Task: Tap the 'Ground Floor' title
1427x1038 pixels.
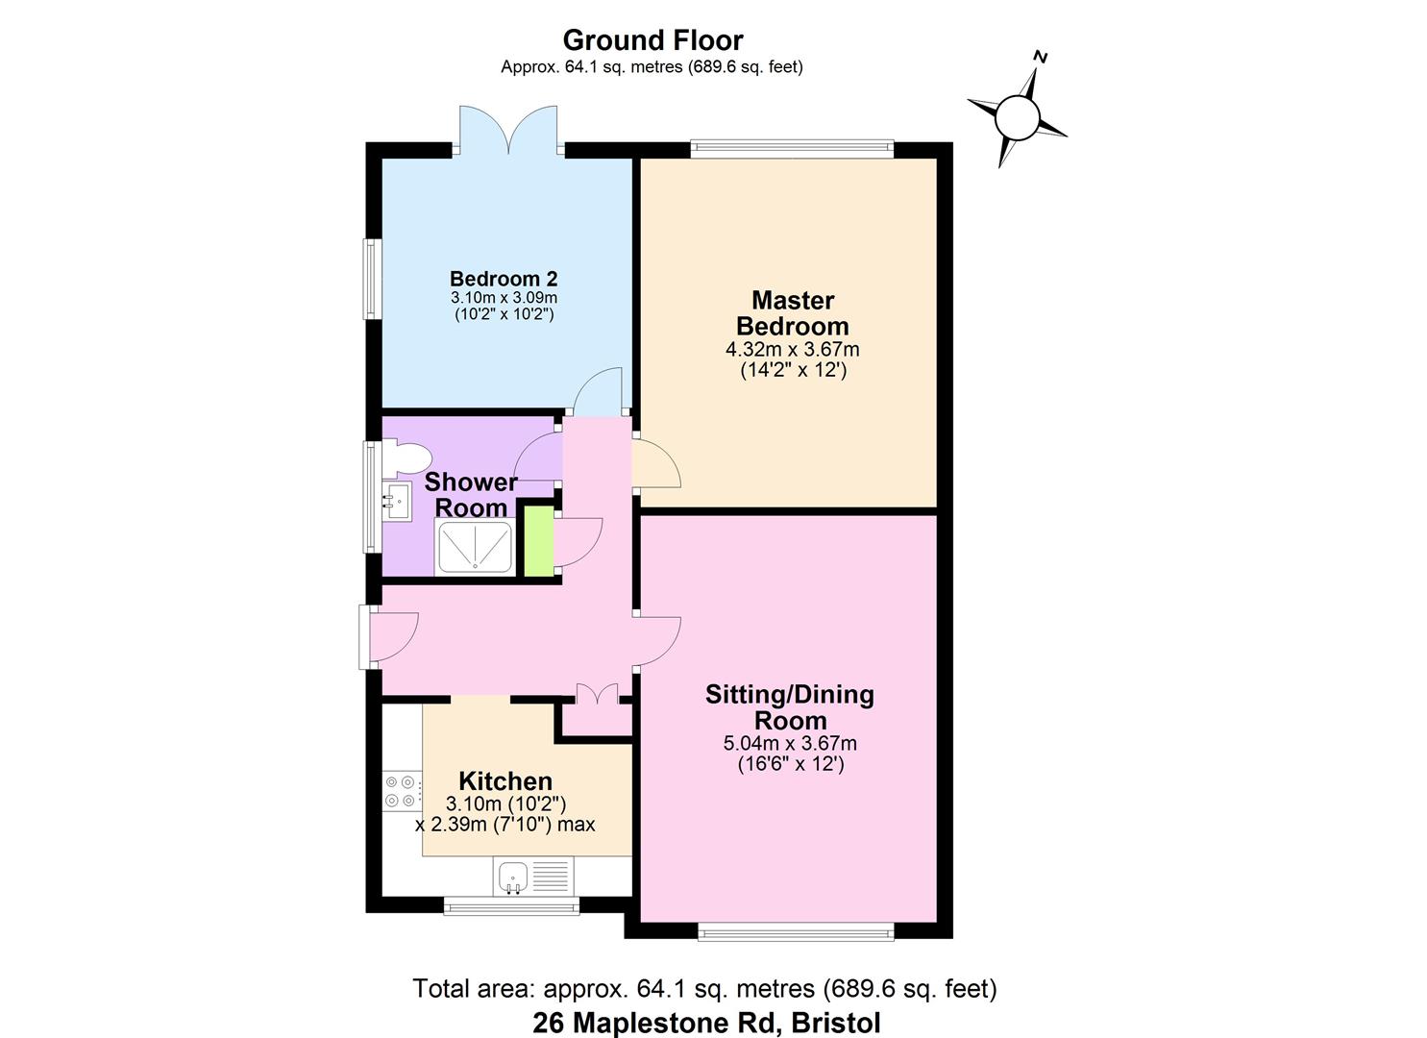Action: click(x=652, y=40)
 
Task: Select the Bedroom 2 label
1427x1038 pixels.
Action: click(x=504, y=279)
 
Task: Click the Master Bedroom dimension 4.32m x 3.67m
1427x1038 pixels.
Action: click(x=792, y=349)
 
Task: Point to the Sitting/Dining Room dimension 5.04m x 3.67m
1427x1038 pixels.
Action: click(x=789, y=743)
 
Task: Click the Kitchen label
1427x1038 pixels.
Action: click(x=504, y=780)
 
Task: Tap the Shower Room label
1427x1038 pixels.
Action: click(x=471, y=494)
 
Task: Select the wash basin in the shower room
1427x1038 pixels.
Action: click(x=396, y=501)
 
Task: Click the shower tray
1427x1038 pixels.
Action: click(x=475, y=547)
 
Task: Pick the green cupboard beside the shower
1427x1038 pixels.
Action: click(x=538, y=540)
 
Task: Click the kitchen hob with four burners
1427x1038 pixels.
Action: click(x=402, y=791)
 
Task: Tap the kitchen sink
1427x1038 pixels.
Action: click(x=513, y=877)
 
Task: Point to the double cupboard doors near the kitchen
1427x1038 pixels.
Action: click(x=597, y=695)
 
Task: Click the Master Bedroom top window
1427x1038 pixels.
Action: click(x=791, y=149)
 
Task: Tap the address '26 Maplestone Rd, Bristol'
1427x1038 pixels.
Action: click(x=706, y=1023)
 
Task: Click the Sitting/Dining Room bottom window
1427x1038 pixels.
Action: click(x=795, y=930)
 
